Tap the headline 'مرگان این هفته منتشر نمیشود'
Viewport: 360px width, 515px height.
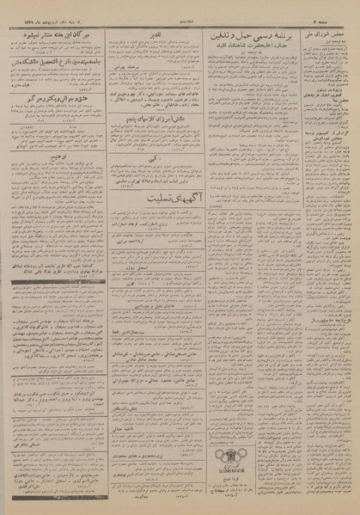click(x=57, y=34)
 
